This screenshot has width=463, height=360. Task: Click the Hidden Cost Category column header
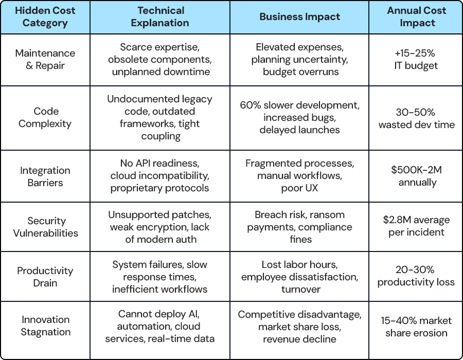[x=45, y=17]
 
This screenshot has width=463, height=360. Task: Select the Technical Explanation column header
[x=160, y=17]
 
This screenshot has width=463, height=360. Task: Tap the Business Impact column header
[x=299, y=17]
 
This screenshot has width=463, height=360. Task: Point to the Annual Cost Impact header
[x=416, y=17]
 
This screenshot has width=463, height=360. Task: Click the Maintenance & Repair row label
[x=45, y=59]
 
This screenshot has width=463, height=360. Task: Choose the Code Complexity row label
[x=45, y=117]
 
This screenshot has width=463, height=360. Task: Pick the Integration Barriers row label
[x=45, y=176]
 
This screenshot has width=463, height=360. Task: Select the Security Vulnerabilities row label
[x=45, y=227]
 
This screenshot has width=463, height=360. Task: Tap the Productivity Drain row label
[x=45, y=277]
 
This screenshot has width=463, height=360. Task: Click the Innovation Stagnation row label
[x=45, y=326]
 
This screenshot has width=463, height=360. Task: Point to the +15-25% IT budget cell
[x=416, y=59]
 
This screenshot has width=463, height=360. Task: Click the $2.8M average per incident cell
[x=416, y=226]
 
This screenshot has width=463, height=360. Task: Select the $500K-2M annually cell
[x=417, y=176]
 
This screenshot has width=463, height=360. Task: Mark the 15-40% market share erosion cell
[x=416, y=327]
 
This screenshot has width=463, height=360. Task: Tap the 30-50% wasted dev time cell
[x=416, y=118]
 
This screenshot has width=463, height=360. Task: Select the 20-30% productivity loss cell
[x=416, y=276]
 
